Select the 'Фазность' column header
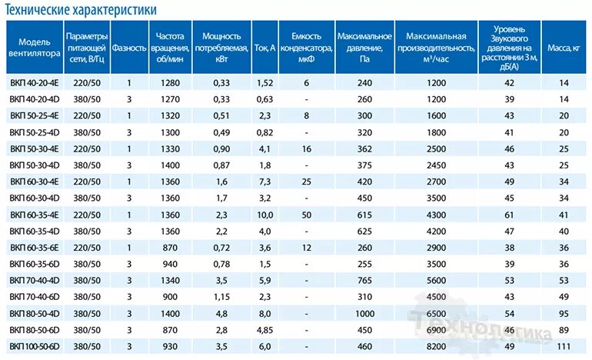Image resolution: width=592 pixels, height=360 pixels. (x=129, y=47)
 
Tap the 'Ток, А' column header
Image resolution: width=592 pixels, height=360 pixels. (x=264, y=47)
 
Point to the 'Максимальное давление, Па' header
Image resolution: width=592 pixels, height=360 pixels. (x=364, y=47)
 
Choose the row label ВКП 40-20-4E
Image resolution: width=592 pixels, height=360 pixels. (x=35, y=82)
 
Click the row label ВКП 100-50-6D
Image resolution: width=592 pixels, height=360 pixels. (x=37, y=346)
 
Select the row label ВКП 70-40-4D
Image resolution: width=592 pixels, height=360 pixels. (x=35, y=280)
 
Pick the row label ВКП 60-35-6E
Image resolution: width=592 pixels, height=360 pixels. (x=35, y=247)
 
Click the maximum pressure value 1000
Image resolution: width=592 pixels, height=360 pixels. (x=364, y=313)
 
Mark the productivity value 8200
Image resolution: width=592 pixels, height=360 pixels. (x=437, y=346)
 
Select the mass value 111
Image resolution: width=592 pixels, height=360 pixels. (x=564, y=346)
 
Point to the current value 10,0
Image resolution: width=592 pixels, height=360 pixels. (x=264, y=214)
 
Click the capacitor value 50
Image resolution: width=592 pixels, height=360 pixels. (x=306, y=214)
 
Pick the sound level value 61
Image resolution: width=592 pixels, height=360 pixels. (x=509, y=214)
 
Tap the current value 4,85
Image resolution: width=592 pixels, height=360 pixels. (x=264, y=329)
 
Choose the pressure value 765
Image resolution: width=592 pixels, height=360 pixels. (x=364, y=280)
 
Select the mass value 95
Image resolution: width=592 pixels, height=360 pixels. (x=564, y=313)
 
